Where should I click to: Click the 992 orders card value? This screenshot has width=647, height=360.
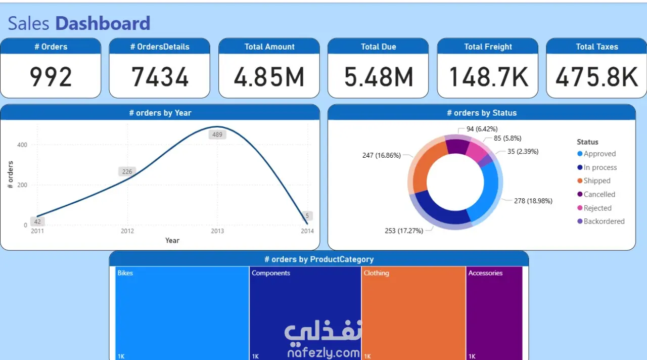51,77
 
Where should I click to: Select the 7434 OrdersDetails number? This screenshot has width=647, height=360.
160,77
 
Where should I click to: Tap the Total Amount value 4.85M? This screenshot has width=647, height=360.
269,77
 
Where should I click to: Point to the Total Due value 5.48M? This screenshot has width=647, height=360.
378,77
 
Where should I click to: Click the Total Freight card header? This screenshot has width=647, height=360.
488,47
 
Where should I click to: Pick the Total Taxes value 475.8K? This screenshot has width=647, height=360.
596,77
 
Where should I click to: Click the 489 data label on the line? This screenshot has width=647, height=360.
217,134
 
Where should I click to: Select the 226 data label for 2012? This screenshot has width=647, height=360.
127,172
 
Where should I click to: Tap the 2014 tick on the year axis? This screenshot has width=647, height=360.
307,231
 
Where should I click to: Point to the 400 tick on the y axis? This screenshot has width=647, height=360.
22,145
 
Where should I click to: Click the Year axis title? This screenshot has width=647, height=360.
172,241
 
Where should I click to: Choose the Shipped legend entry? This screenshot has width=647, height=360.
596,181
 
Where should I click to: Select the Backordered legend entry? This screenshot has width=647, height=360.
604,221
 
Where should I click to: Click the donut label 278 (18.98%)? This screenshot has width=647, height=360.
533,201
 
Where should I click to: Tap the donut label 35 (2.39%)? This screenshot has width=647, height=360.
523,151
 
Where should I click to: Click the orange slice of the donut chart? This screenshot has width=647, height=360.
427,167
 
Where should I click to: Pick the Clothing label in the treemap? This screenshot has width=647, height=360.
377,273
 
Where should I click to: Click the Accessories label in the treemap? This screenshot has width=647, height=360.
485,273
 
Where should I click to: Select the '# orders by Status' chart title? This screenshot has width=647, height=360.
481,113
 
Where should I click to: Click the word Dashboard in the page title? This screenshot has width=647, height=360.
103,23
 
